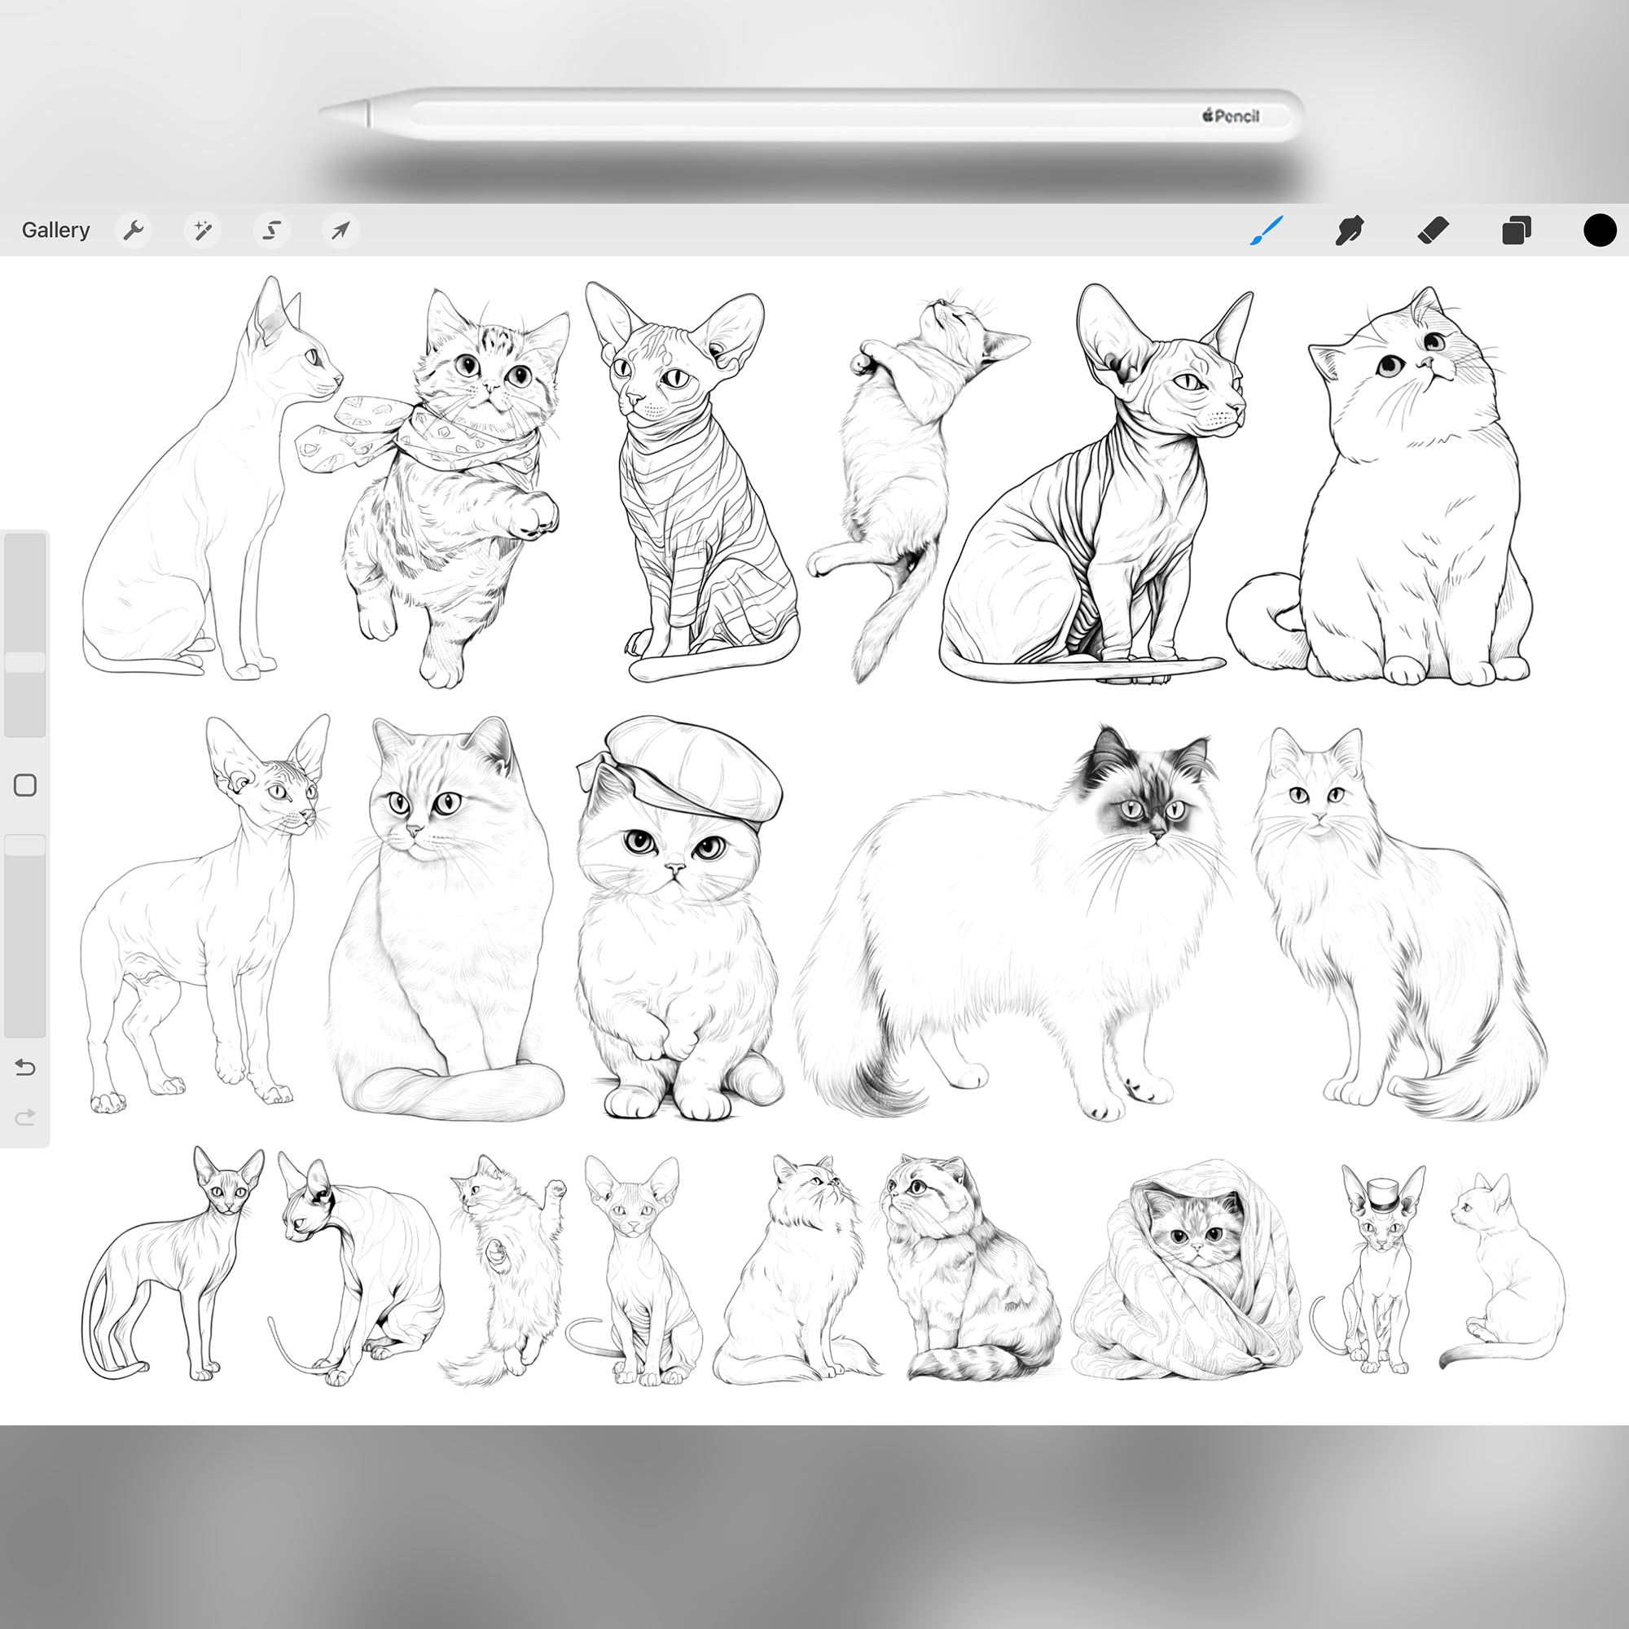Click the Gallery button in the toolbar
(x=55, y=231)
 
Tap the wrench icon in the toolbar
(x=134, y=231)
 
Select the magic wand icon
(x=202, y=231)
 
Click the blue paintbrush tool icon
(x=1267, y=231)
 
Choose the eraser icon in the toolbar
(x=1434, y=231)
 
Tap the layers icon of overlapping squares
(x=1516, y=231)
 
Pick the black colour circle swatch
(x=1599, y=231)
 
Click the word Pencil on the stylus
(x=1237, y=116)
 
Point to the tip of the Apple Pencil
(x=326, y=112)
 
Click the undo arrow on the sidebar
(x=25, y=1068)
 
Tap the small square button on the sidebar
(x=25, y=785)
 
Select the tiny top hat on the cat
(x=1383, y=1194)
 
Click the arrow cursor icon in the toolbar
(x=340, y=231)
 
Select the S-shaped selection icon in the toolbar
(x=271, y=231)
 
